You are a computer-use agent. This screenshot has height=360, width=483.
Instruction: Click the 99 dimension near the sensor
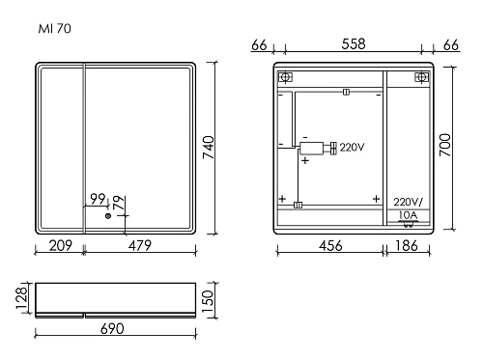point(98,199)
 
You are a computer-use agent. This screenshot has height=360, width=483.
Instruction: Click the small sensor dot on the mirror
point(107,217)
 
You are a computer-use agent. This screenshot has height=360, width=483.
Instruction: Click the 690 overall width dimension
point(114,330)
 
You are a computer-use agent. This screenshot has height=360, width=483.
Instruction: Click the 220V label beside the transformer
point(352,148)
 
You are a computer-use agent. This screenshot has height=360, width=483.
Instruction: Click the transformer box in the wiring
point(313,148)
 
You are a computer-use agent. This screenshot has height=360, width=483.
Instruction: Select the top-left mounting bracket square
point(284,77)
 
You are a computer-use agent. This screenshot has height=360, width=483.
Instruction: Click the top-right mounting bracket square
point(419,77)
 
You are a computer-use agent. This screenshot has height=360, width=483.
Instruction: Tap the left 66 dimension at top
point(258,43)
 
